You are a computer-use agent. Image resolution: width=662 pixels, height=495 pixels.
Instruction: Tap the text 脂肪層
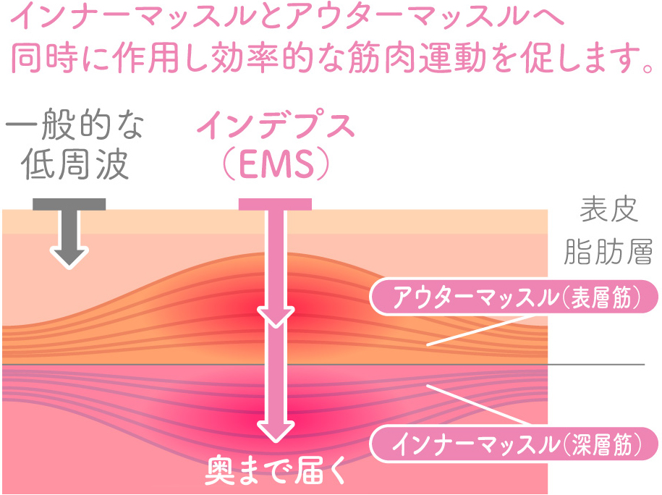click(x=609, y=251)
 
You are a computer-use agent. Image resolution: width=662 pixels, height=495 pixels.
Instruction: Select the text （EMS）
click(x=276, y=164)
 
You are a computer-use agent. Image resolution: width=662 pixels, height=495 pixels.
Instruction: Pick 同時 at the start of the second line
click(x=47, y=59)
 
